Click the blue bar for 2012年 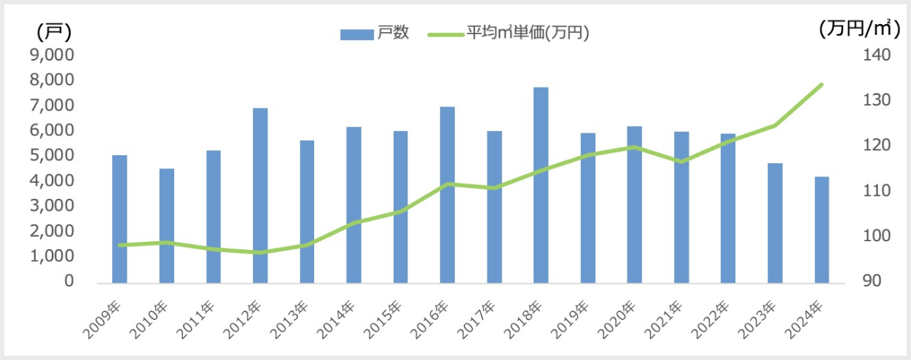pyautogui.click(x=260, y=195)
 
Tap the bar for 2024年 pyautogui.click(x=821, y=229)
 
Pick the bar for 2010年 pyautogui.click(x=167, y=225)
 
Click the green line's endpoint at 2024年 pyautogui.click(x=821, y=85)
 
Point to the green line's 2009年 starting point pyautogui.click(x=120, y=245)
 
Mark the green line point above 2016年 pyautogui.click(x=447, y=184)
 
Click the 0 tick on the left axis pyautogui.click(x=70, y=281)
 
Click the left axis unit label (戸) pyautogui.click(x=53, y=31)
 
